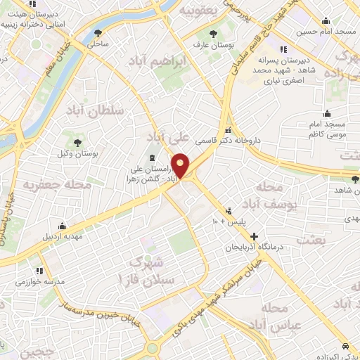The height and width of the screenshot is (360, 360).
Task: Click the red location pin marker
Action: click(181, 166)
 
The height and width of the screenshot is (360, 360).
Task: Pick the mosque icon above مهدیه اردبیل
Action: click(63, 226)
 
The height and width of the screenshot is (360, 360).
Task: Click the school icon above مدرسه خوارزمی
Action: click(40, 270)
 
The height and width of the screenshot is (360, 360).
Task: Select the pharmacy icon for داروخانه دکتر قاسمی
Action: click(228, 130)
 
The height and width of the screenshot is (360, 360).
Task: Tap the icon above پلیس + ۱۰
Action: click(228, 211)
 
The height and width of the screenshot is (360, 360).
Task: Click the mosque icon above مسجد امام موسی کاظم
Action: click(327, 113)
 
